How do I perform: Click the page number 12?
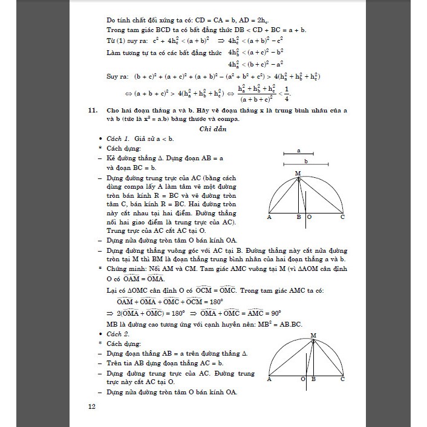point(91,406)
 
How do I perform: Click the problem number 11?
point(92,111)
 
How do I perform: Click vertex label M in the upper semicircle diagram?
point(298,174)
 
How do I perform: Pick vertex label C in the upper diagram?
point(342,217)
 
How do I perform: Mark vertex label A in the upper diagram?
point(269,217)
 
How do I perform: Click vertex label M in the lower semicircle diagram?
point(313,334)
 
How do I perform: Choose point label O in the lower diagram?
point(302,379)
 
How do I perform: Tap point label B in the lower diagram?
point(313,379)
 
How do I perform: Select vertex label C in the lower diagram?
point(342,379)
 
